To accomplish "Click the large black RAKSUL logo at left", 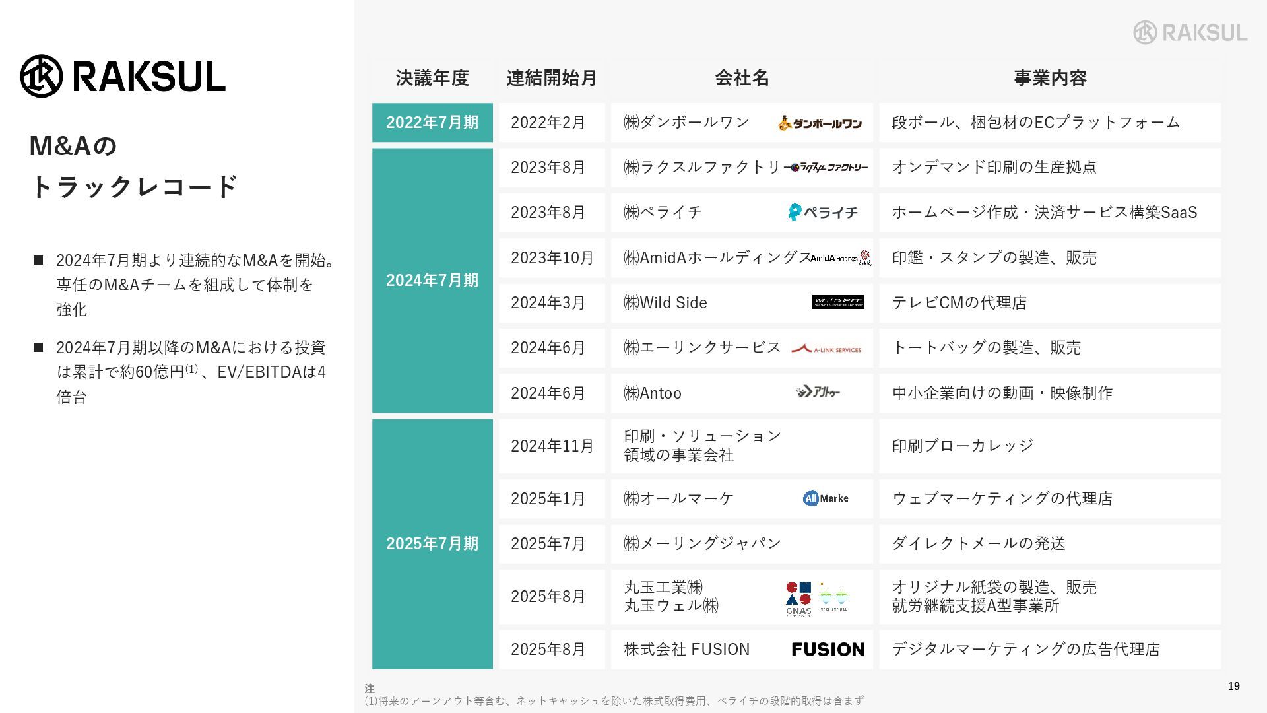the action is click(x=123, y=76).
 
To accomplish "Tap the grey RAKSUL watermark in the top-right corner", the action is click(x=1190, y=32).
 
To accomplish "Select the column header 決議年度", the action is click(x=432, y=78).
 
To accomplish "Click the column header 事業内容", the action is click(x=1050, y=78).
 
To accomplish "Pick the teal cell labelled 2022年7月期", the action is click(x=432, y=122).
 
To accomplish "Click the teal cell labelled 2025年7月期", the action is click(x=432, y=543).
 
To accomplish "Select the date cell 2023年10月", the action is click(x=552, y=257).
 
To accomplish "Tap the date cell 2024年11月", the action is click(x=552, y=446).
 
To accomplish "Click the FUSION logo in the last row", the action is click(x=828, y=650).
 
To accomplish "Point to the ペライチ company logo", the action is click(x=823, y=212).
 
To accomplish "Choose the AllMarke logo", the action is click(x=826, y=498).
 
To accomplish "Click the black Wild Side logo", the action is click(x=838, y=302).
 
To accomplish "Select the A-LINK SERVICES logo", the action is click(x=826, y=349).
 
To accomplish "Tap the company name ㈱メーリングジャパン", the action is click(x=702, y=543).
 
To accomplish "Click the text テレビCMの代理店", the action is click(x=959, y=302).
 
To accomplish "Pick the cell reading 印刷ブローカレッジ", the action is click(x=962, y=446).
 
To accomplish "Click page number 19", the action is click(x=1233, y=687).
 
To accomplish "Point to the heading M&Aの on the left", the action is click(x=73, y=146).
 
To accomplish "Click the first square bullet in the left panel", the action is click(x=38, y=260).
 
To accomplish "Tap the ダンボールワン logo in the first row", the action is click(x=820, y=123).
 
